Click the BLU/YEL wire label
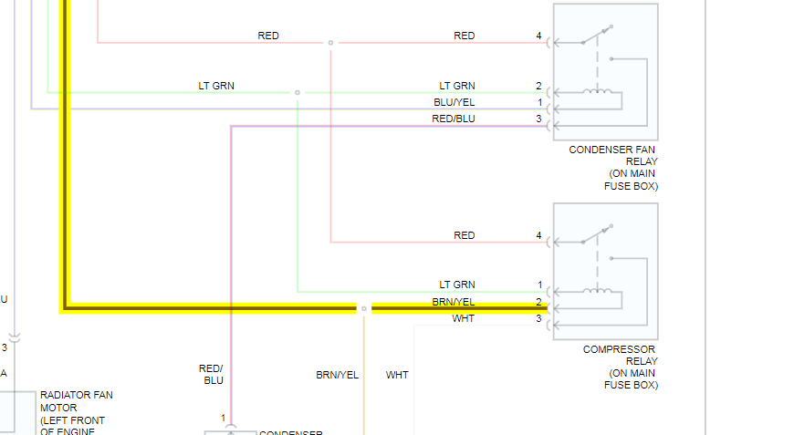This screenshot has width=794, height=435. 454,102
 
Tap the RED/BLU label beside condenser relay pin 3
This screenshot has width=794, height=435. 454,119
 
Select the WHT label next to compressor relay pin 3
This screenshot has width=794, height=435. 464,318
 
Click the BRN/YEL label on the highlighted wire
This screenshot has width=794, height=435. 454,302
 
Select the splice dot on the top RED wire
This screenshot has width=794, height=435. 330,43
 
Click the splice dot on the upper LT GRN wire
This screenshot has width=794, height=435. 298,92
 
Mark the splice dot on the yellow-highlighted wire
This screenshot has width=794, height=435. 363,308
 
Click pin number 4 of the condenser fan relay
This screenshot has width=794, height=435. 538,36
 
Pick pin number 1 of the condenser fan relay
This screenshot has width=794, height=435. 539,102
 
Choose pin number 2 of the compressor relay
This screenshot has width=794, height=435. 539,302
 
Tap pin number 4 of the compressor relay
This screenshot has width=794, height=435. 538,236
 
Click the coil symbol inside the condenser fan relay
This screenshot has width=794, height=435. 598,90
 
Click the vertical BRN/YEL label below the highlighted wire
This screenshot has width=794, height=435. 337,375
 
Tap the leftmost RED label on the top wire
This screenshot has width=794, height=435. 268,36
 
